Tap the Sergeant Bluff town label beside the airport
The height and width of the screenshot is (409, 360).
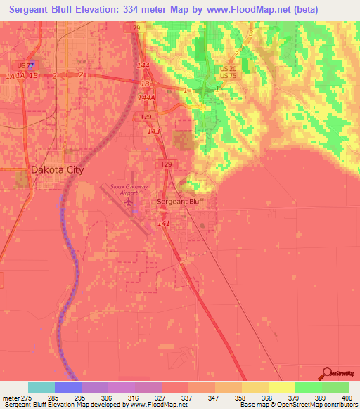click(x=181, y=200)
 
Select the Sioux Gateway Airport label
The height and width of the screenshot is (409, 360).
click(x=129, y=189)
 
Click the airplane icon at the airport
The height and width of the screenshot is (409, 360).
click(x=129, y=202)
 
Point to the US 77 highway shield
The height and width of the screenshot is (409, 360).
click(x=26, y=65)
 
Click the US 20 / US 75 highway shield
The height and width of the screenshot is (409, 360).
click(x=228, y=72)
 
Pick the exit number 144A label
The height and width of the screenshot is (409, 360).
click(x=146, y=98)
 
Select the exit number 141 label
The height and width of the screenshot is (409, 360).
click(x=164, y=223)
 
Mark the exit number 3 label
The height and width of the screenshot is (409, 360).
click(x=250, y=33)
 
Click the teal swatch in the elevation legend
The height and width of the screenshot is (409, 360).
click(x=41, y=387)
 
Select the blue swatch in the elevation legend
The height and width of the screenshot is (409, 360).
click(x=68, y=387)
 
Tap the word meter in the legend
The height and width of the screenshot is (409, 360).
click(x=12, y=397)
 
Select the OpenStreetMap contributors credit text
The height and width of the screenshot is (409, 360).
click(x=326, y=405)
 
